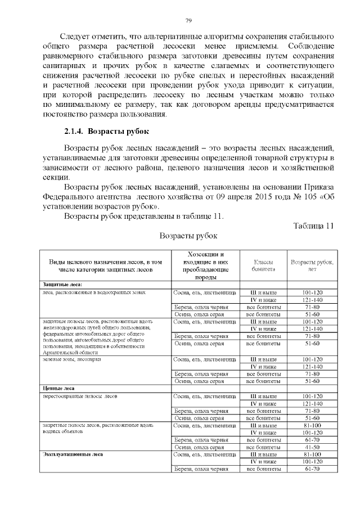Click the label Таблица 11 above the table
pos(314,226)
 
